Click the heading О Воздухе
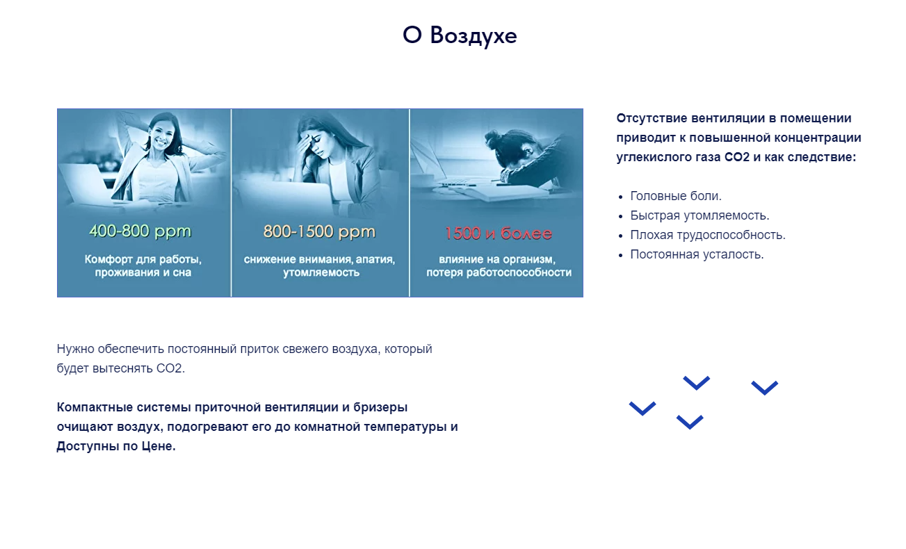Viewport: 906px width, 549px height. click(x=460, y=35)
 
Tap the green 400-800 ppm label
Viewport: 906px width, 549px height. click(x=140, y=231)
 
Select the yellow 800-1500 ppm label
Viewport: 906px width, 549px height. click(x=319, y=231)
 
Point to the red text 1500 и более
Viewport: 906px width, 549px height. click(x=498, y=233)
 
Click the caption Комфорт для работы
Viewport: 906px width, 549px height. click(x=143, y=259)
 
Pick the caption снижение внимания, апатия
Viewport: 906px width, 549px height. click(x=319, y=259)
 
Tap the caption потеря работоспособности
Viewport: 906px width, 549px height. click(x=499, y=272)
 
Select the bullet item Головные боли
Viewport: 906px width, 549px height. click(x=675, y=196)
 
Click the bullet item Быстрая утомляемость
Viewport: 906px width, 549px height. click(x=699, y=215)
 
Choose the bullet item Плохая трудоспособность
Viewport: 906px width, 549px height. click(x=707, y=235)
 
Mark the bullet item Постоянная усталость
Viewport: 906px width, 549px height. click(x=696, y=254)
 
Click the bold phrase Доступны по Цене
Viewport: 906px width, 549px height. click(x=116, y=446)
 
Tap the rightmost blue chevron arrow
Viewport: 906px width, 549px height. click(x=764, y=388)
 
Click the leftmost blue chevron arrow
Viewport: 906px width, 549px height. click(x=642, y=409)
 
